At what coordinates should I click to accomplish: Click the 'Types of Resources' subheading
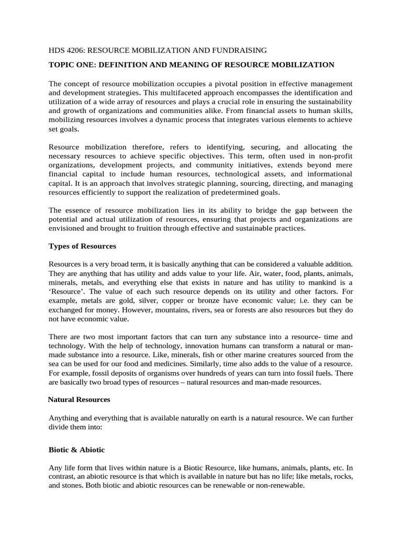82,245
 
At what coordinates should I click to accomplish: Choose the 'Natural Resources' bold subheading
79,399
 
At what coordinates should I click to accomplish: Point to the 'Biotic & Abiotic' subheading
77,449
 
